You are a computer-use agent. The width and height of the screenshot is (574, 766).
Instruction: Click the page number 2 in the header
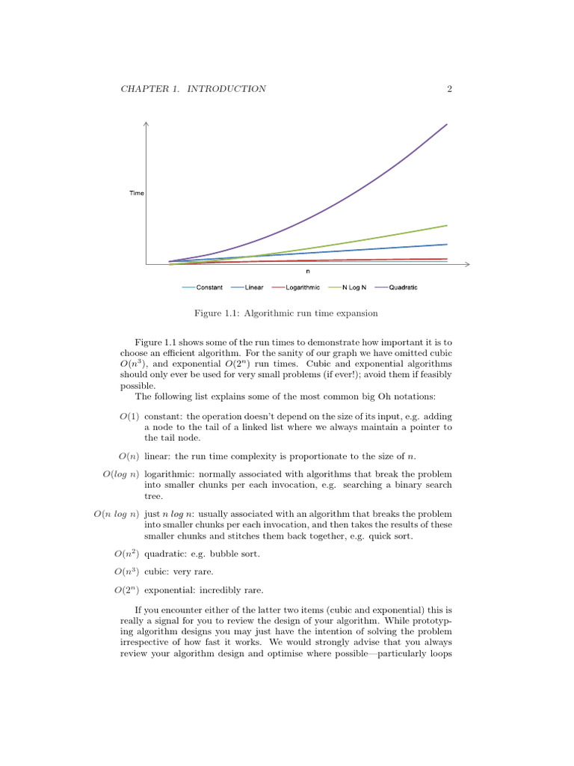click(x=450, y=89)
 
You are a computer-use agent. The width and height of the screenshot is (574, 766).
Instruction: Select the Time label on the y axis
click(x=137, y=193)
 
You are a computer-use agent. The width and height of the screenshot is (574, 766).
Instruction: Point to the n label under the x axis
click(x=308, y=272)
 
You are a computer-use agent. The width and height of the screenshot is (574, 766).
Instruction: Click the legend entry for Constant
click(x=209, y=287)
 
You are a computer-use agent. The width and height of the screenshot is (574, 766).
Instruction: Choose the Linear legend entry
click(x=253, y=287)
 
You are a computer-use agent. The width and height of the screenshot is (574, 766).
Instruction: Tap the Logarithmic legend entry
click(x=303, y=287)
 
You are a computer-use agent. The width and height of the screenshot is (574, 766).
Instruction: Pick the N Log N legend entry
click(x=354, y=287)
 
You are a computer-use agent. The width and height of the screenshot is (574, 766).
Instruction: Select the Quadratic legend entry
click(x=403, y=287)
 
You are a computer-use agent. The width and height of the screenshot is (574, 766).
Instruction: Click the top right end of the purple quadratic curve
click(x=447, y=124)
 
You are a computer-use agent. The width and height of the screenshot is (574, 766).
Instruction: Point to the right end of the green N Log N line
click(x=447, y=225)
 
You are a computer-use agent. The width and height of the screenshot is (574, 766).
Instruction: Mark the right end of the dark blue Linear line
click(x=447, y=244)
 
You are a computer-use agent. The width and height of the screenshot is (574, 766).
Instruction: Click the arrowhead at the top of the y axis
click(x=146, y=123)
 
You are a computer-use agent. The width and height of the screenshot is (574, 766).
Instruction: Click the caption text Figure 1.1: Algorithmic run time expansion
click(x=286, y=313)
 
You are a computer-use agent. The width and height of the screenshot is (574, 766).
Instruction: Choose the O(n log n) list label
click(x=115, y=515)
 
